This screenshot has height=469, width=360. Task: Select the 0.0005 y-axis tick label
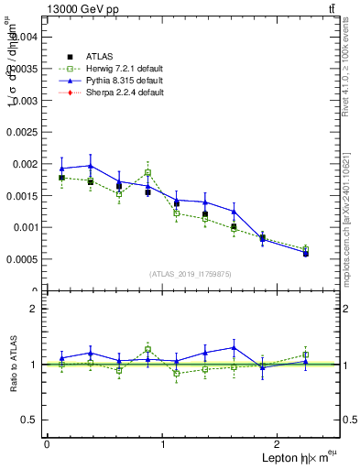coord(22,258)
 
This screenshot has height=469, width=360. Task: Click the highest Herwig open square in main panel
coord(147,172)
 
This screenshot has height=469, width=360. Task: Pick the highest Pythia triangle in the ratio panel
coord(234,347)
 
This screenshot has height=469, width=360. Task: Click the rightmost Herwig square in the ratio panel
coord(305,354)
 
